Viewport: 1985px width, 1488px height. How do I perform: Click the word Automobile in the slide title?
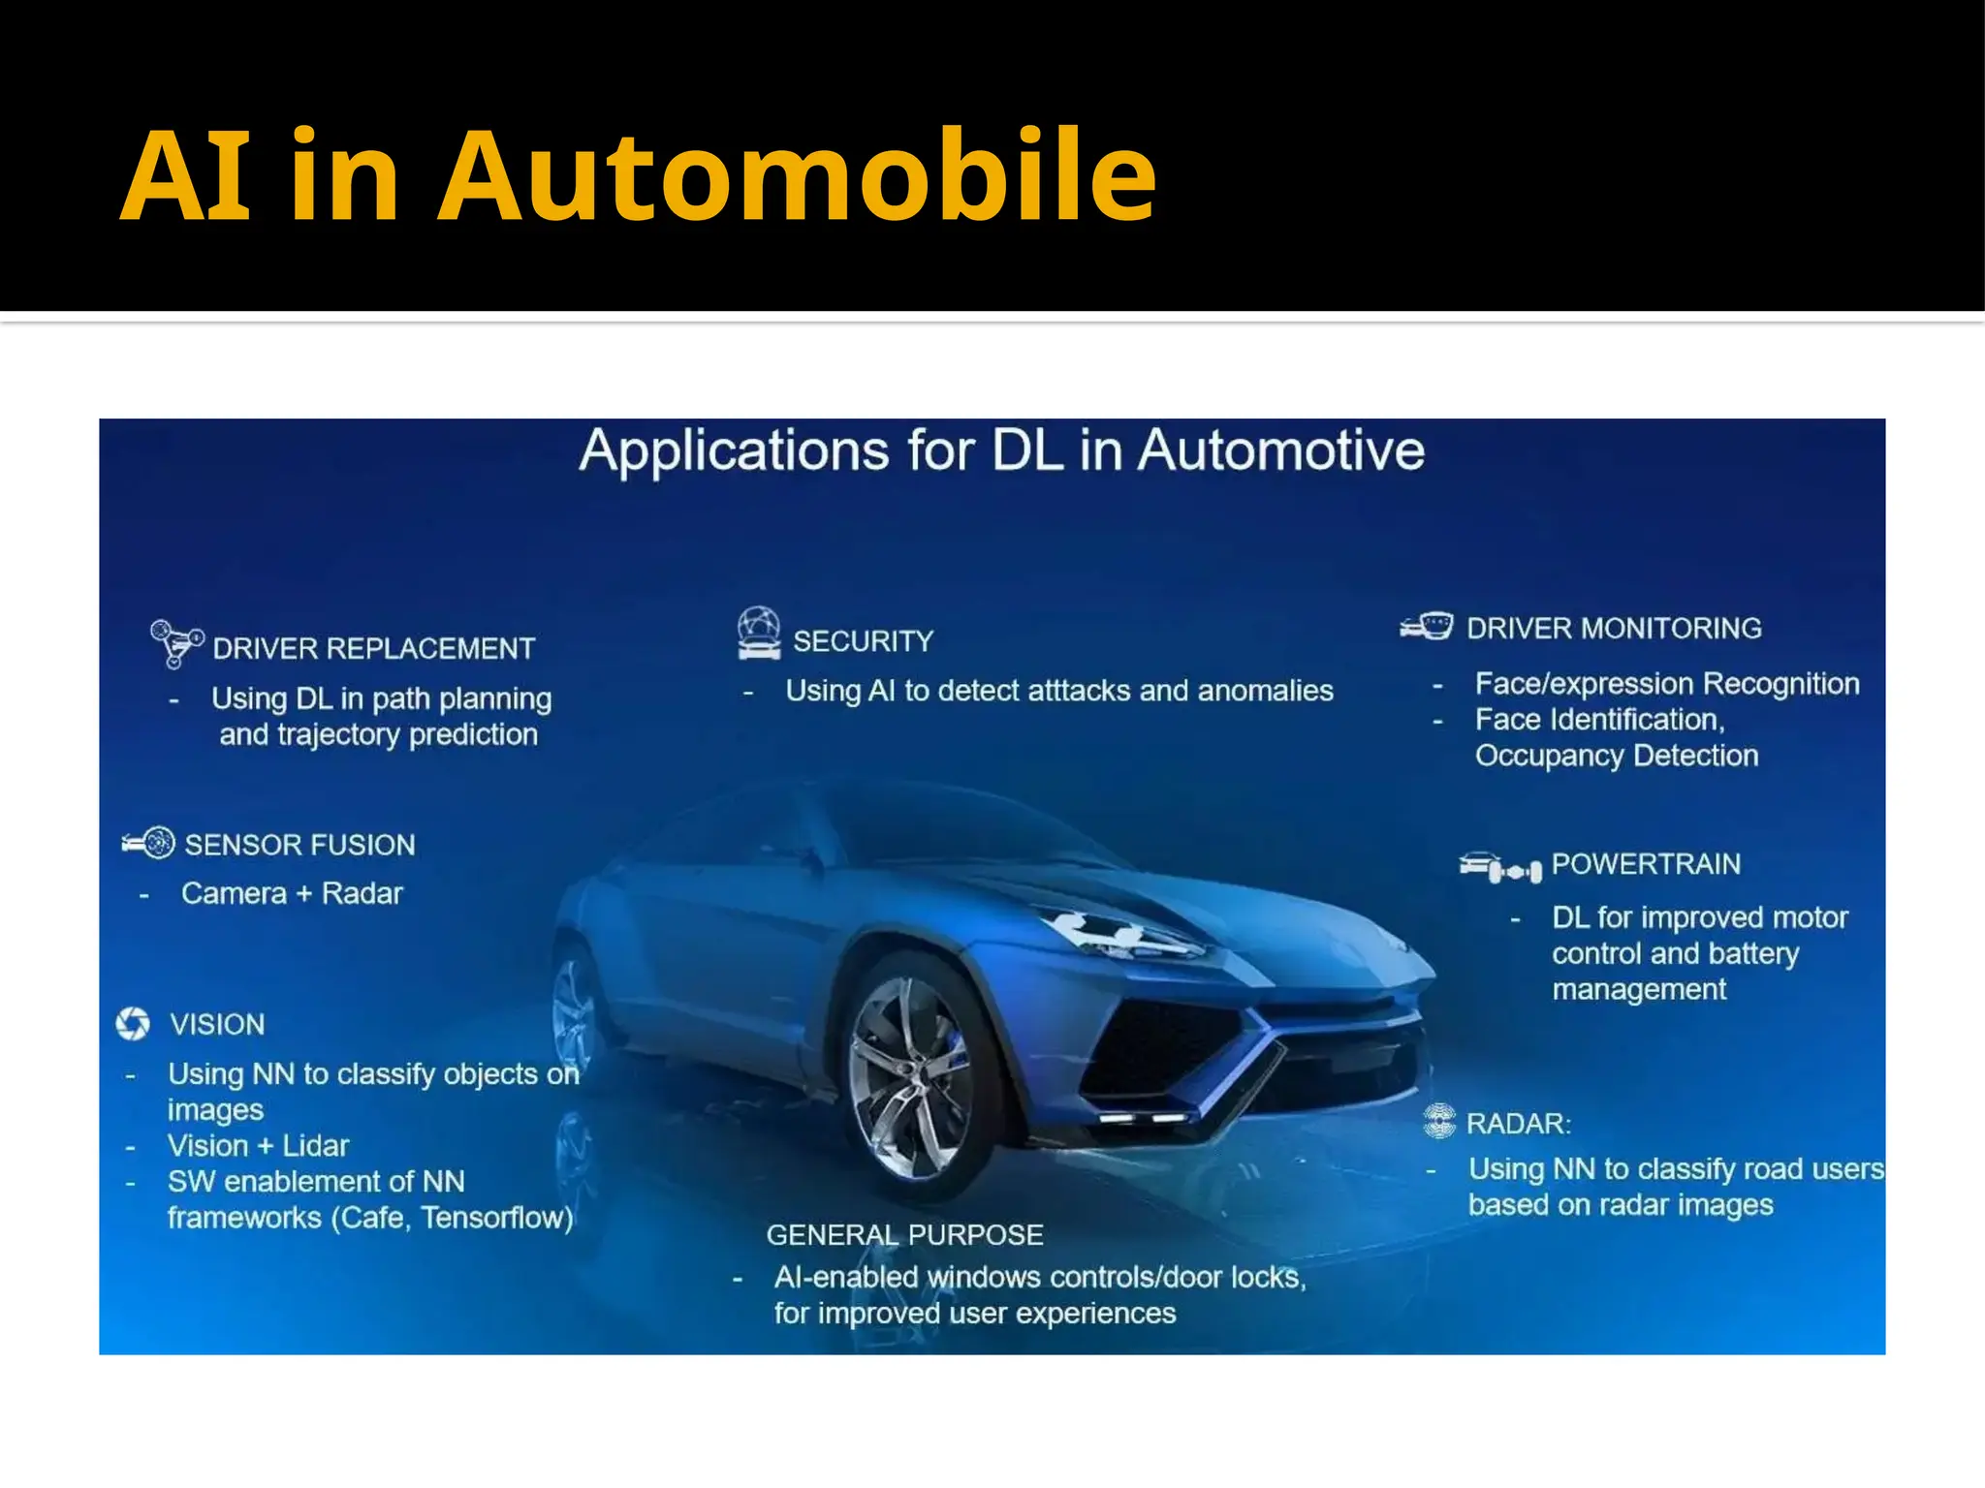pyautogui.click(x=797, y=177)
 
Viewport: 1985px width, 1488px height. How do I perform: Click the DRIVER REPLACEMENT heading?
pyautogui.click(x=373, y=648)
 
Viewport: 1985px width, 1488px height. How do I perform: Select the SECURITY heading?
pyautogui.click(x=863, y=640)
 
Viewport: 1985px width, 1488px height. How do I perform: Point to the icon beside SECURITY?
pyautogui.click(x=758, y=634)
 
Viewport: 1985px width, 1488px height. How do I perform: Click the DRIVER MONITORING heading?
pyautogui.click(x=1614, y=628)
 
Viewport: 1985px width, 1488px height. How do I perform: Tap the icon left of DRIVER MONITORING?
pyautogui.click(x=1427, y=627)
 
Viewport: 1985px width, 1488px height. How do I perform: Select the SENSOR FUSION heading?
pyautogui.click(x=299, y=845)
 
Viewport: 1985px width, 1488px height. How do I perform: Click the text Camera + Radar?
pyautogui.click(x=292, y=893)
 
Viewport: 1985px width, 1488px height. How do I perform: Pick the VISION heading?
pyautogui.click(x=217, y=1024)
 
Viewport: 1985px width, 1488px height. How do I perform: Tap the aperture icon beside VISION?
pyautogui.click(x=133, y=1023)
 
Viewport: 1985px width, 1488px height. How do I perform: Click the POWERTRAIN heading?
pyautogui.click(x=1646, y=863)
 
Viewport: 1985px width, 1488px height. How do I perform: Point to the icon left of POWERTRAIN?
pyautogui.click(x=1499, y=867)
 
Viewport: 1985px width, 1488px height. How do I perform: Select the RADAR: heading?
pyautogui.click(x=1518, y=1124)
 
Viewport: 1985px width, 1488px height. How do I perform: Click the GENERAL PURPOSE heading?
pyautogui.click(x=904, y=1235)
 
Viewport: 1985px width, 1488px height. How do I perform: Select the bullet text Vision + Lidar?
pyautogui.click(x=258, y=1146)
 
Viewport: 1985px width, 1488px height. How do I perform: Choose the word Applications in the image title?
pyautogui.click(x=734, y=450)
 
